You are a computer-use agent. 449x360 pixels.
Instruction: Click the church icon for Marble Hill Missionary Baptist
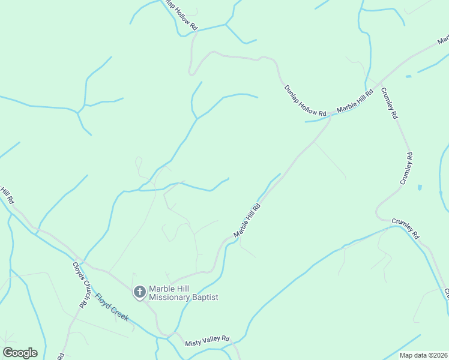coord(139,292)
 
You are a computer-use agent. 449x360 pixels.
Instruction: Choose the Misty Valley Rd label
coord(208,340)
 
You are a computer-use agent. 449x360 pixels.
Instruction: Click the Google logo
coord(19,353)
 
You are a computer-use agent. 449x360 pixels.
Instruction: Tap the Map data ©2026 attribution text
coord(423,355)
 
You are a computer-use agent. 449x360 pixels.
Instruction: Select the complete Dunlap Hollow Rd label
coord(305,101)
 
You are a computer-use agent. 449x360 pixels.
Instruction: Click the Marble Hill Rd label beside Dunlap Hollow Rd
coord(355,100)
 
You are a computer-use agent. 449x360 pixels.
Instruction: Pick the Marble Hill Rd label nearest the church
coord(247,220)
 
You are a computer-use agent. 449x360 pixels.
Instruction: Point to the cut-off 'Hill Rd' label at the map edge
coord(7,195)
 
